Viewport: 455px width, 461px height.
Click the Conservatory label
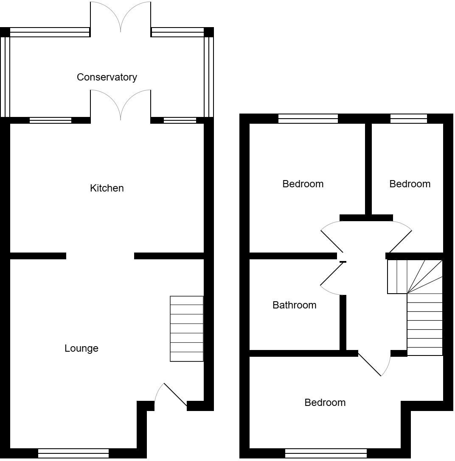coord(107,77)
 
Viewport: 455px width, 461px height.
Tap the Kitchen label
coord(107,188)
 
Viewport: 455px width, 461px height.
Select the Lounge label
coord(81,348)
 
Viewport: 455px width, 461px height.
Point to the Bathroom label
coord(294,305)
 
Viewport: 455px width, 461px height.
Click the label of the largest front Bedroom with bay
coord(325,403)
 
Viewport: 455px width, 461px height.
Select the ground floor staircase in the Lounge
coord(186,329)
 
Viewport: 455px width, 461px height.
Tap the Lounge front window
coord(73,453)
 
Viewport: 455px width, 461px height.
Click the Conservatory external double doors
coord(121,17)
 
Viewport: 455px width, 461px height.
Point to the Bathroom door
coord(332,278)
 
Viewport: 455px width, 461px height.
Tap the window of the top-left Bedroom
coord(308,119)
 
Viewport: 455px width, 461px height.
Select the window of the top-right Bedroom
coord(408,119)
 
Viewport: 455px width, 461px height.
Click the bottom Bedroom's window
coord(326,453)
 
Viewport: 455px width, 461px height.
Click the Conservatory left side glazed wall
coord(5,76)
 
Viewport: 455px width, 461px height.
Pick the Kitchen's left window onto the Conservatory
coord(51,120)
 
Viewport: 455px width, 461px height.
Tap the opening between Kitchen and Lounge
coord(100,255)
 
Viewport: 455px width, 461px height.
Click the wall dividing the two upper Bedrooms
coord(368,169)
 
